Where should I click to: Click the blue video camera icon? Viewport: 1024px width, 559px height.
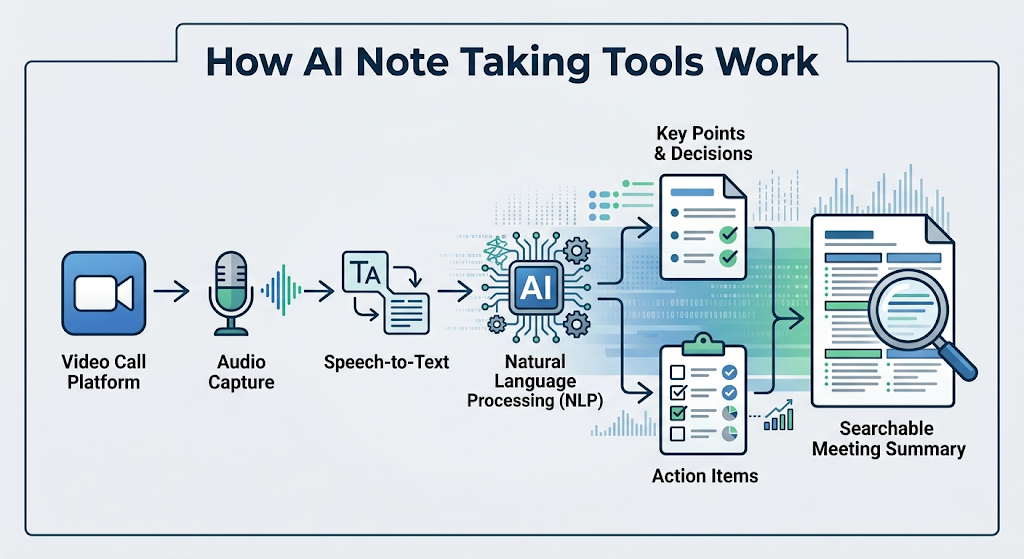(x=104, y=293)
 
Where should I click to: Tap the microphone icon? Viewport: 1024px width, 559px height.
(x=231, y=293)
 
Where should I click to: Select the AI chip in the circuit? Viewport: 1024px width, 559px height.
(x=536, y=288)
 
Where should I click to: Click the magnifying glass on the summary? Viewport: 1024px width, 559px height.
(x=919, y=318)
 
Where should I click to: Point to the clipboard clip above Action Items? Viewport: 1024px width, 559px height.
(x=703, y=343)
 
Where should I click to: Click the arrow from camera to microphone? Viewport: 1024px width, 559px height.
(x=171, y=291)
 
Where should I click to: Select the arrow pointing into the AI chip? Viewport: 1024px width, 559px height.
(x=455, y=292)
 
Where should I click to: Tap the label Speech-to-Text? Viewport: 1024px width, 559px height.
(x=387, y=362)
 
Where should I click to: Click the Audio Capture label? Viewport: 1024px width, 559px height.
(x=241, y=372)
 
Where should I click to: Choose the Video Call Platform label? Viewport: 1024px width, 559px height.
(x=104, y=372)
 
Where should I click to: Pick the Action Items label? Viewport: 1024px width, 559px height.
(x=705, y=476)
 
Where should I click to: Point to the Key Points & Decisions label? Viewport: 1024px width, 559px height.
(x=703, y=144)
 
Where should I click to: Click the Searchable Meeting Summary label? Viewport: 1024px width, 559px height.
(x=889, y=439)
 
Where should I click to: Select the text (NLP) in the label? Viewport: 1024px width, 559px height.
(x=581, y=400)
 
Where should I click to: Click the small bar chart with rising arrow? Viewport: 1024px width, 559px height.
(x=778, y=415)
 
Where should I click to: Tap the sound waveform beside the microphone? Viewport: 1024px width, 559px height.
(x=281, y=291)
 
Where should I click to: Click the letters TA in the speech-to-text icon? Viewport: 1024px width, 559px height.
(x=366, y=272)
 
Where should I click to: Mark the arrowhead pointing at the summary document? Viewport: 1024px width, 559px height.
(x=797, y=319)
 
